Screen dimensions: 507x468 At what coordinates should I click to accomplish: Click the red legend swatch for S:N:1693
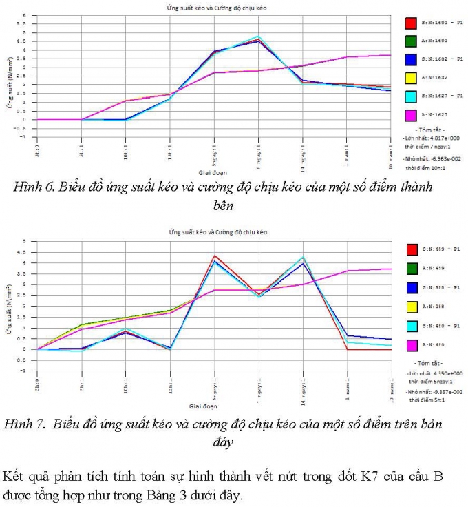point(410,23)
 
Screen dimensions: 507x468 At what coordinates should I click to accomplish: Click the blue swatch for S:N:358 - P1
point(410,287)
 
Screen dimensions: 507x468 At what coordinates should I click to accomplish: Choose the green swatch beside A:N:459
point(410,268)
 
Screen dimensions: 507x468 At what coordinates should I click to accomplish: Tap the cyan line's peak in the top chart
point(258,37)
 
